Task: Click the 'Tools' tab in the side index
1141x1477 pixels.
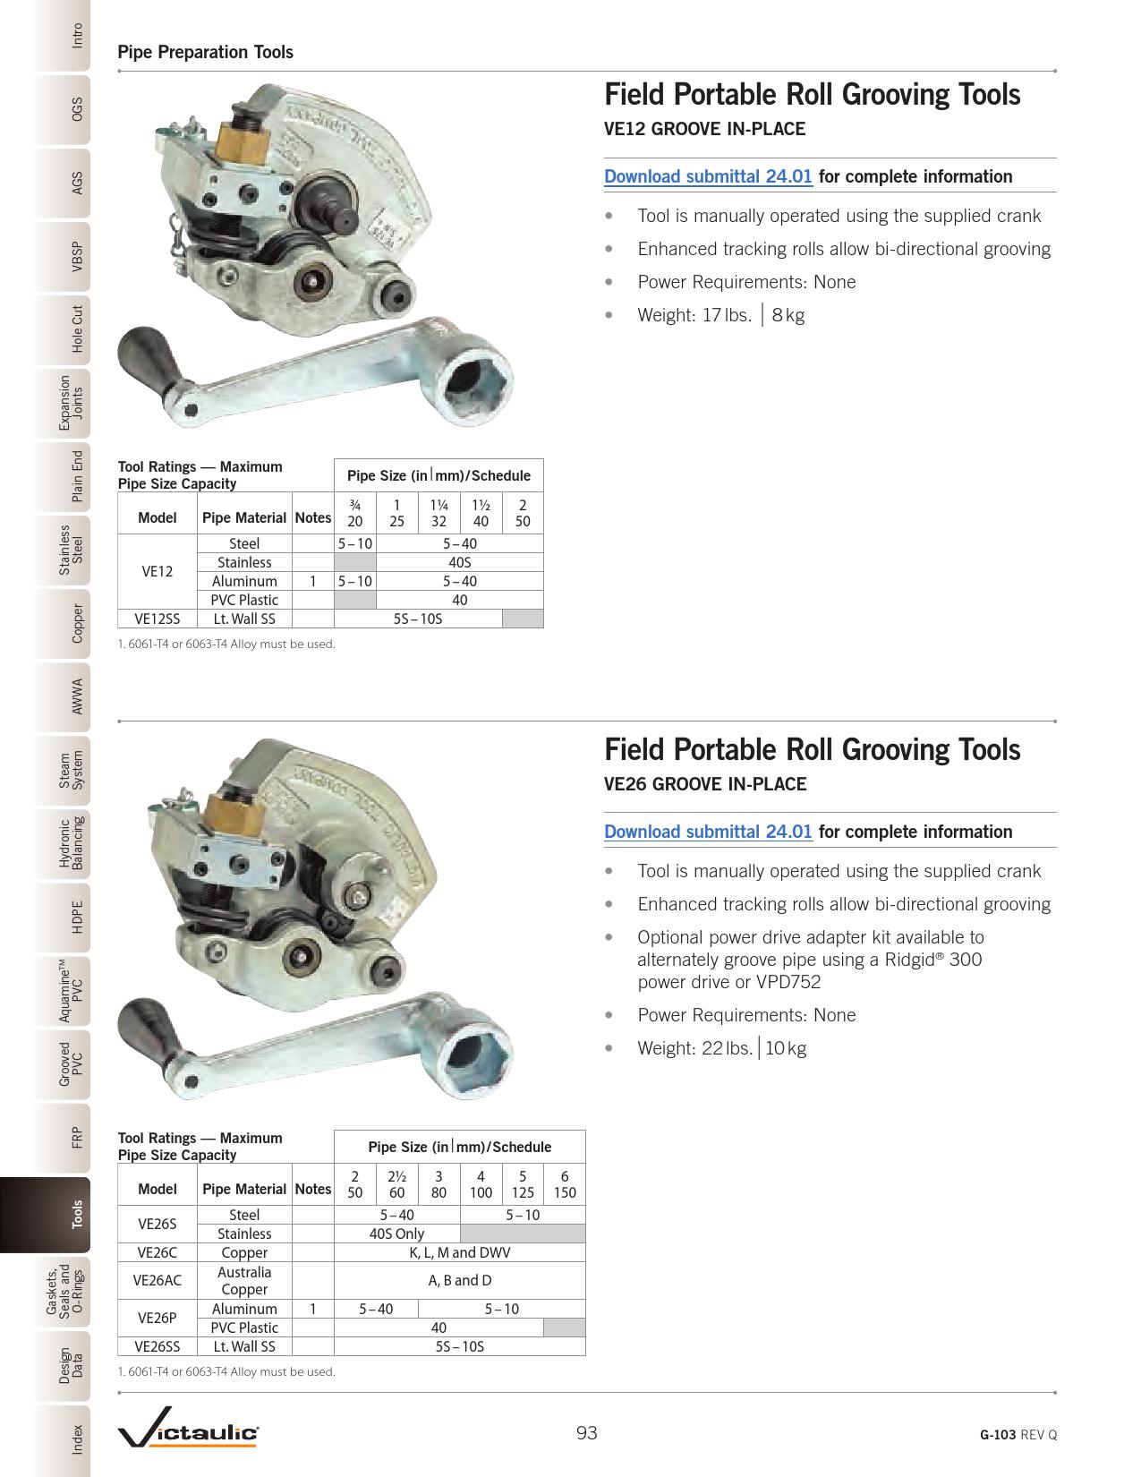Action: click(x=77, y=1215)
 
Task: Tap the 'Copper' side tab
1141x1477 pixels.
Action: click(x=77, y=624)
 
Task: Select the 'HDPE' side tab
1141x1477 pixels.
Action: click(x=77, y=918)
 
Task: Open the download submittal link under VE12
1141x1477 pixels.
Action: click(x=708, y=176)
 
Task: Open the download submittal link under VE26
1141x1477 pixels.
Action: click(x=708, y=832)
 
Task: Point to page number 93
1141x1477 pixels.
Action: click(x=586, y=1433)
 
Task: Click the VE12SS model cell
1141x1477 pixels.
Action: click(x=158, y=619)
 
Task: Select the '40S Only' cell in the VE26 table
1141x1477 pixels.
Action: click(x=396, y=1234)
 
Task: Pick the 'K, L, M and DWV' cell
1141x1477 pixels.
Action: click(x=459, y=1252)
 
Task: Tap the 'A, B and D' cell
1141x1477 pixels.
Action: click(x=459, y=1280)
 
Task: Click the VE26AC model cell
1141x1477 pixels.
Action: click(x=158, y=1280)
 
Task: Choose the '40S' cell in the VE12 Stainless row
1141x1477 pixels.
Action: click(x=459, y=562)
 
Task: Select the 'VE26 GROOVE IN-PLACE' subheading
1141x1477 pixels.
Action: click(x=705, y=784)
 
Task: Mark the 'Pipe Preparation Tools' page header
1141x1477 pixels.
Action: click(x=206, y=52)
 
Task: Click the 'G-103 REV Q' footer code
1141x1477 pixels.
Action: click(x=1018, y=1434)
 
